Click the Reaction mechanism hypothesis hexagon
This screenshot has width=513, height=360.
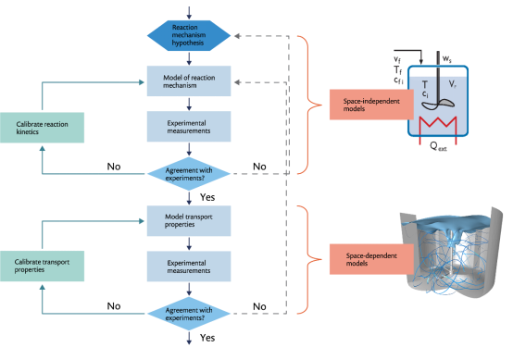point(189,35)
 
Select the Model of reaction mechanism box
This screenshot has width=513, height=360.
point(189,81)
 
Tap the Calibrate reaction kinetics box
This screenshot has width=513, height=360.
point(43,128)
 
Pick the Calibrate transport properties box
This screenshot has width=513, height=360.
point(43,266)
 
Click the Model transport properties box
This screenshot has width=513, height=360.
point(189,220)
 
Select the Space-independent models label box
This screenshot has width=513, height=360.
point(371,105)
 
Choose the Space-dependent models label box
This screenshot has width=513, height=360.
point(371,259)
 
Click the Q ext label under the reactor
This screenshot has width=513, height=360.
point(438,146)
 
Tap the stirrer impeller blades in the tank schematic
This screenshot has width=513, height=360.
point(438,105)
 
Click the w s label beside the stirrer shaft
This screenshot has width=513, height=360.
point(447,59)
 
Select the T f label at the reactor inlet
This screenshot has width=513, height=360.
point(398,69)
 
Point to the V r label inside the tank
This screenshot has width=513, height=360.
point(453,84)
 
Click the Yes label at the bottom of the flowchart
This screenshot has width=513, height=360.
point(207,338)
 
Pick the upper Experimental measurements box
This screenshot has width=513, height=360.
point(189,127)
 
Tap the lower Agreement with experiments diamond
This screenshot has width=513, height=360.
point(189,314)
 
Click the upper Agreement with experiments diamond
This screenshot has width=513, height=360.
point(189,174)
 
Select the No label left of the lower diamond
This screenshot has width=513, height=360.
point(114,306)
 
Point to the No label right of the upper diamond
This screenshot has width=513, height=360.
point(259,167)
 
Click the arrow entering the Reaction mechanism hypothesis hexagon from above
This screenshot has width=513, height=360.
point(189,13)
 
